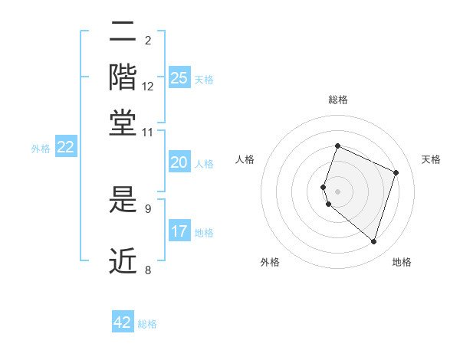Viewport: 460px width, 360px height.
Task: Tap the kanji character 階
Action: point(123,77)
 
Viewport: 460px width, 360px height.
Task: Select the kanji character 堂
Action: point(123,123)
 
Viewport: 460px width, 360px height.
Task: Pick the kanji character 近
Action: point(123,261)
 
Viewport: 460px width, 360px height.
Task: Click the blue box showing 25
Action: point(179,77)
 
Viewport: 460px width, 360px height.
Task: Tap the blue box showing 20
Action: point(179,162)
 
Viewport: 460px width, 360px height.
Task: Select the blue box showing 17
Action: point(179,231)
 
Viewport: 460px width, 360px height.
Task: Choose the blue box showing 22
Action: point(66,147)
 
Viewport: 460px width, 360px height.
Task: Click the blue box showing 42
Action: point(123,322)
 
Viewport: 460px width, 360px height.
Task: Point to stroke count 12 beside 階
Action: point(148,87)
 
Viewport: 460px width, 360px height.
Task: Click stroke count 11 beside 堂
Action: point(148,132)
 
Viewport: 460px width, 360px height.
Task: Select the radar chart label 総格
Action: point(337,100)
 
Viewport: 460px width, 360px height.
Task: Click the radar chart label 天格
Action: point(431,159)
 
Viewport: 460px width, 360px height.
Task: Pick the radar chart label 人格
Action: point(245,159)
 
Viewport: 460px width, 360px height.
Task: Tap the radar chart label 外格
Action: point(270,262)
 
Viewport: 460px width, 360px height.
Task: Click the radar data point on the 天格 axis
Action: point(396,172)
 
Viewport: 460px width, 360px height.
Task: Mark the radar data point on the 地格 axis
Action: point(373,242)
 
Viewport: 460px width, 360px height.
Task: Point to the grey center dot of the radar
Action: point(337,191)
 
